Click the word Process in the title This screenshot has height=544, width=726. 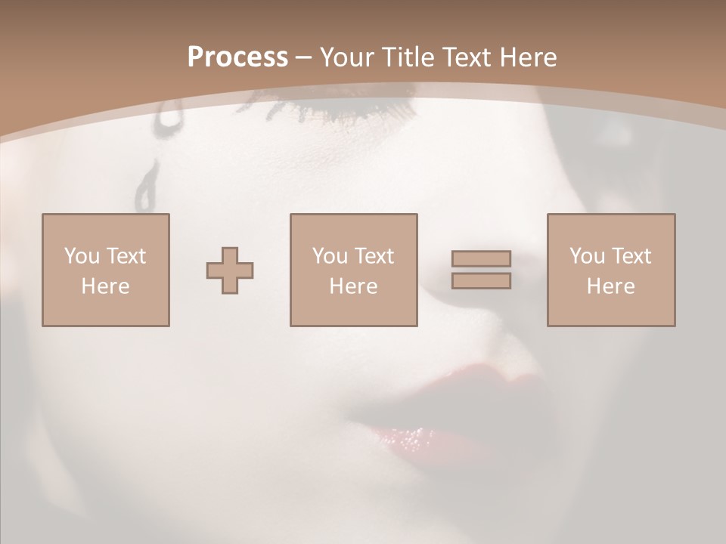(x=237, y=57)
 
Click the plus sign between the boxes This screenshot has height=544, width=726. (x=230, y=270)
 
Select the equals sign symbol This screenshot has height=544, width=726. (x=481, y=270)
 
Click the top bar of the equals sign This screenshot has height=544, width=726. (x=481, y=258)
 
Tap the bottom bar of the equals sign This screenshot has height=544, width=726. (x=481, y=281)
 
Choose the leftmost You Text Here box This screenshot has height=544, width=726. (x=106, y=270)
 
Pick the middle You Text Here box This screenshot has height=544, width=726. (x=353, y=270)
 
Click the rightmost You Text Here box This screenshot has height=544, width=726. (x=611, y=270)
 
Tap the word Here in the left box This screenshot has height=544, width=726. (x=106, y=286)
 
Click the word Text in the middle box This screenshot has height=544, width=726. (x=374, y=256)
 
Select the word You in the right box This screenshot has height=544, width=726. (x=587, y=256)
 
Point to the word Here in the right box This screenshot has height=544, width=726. (x=611, y=286)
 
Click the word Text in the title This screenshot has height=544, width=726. (x=464, y=57)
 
